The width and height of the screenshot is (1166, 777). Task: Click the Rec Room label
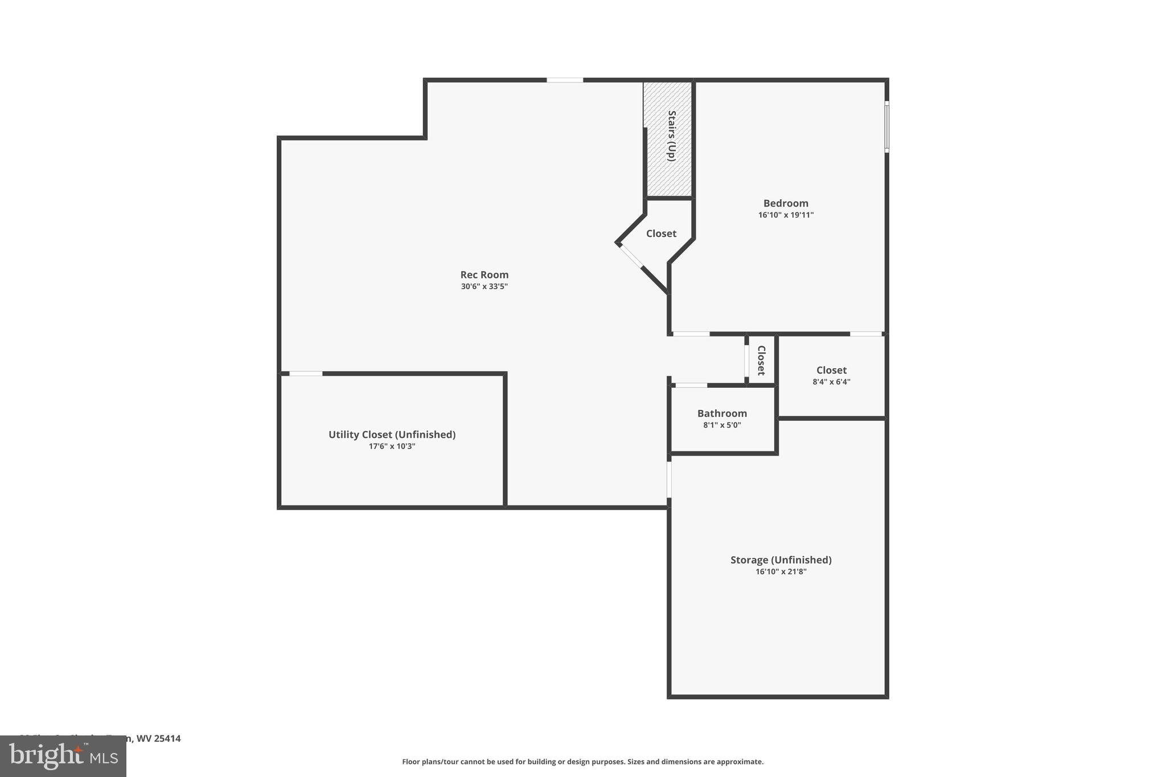point(484,275)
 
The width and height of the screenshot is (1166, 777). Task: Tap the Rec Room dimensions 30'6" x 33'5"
point(484,287)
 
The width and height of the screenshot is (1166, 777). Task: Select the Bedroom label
point(786,203)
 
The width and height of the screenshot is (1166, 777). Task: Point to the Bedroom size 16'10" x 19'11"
point(786,215)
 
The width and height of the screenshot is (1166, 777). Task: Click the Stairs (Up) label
point(672,135)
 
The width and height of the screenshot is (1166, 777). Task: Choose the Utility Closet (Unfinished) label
point(392,434)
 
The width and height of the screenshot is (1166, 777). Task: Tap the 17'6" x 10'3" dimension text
point(392,446)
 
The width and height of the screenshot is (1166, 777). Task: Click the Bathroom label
point(722,413)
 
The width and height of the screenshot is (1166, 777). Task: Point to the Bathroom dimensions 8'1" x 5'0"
point(722,425)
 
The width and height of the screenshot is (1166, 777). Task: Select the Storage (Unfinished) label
point(781,560)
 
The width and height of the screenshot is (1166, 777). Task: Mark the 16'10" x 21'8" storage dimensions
point(781,572)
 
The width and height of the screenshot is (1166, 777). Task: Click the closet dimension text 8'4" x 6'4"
point(831,382)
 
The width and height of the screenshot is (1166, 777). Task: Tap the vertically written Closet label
point(761,360)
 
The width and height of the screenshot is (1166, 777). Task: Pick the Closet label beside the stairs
point(661,233)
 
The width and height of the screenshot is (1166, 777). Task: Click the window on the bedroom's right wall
point(886,126)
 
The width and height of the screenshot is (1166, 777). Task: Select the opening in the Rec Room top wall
point(565,80)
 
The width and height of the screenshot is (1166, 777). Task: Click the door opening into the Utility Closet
point(306,373)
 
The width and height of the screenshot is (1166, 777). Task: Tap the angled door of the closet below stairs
point(631,255)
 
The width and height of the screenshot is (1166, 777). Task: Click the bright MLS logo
point(63,757)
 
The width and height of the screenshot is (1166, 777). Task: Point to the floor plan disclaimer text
point(582,762)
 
